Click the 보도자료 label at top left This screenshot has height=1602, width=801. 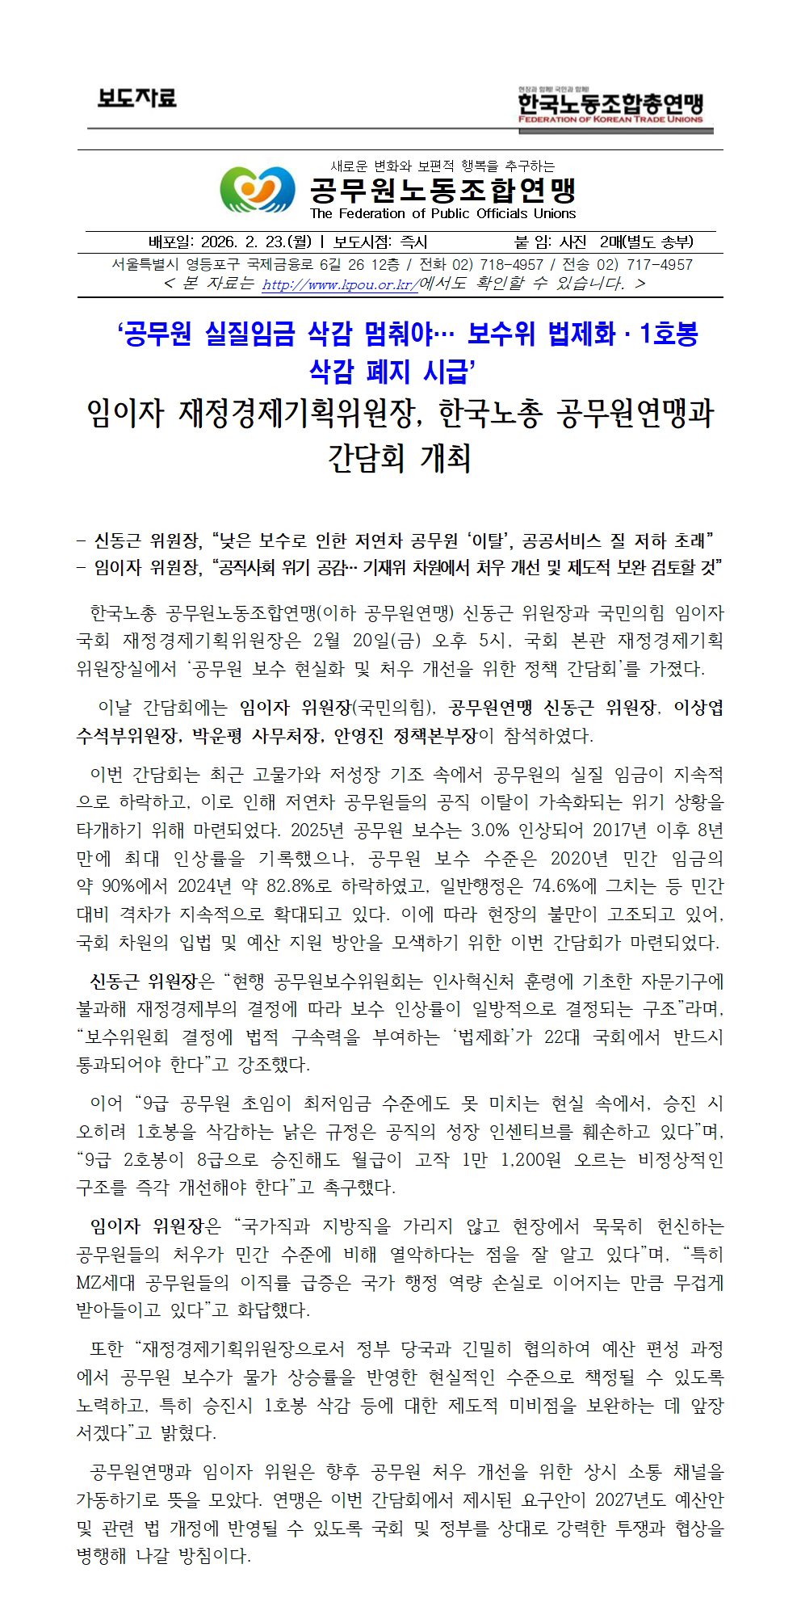[x=137, y=99]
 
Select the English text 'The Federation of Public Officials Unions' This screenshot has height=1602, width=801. [x=442, y=214]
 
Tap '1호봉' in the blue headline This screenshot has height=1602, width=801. [x=667, y=335]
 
